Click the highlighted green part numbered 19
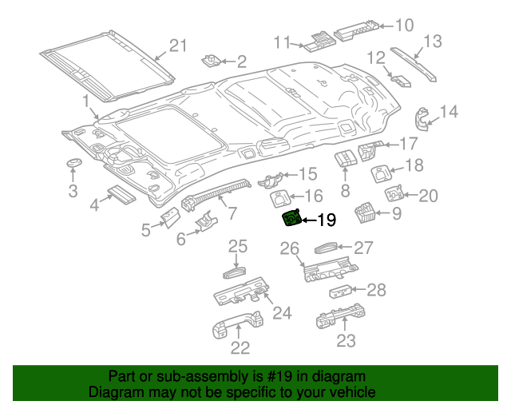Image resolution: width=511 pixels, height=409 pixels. [292, 218]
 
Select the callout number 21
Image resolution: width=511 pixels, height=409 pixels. [176, 46]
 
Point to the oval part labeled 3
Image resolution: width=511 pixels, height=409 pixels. [74, 163]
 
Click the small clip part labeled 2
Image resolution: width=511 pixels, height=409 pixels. [212, 61]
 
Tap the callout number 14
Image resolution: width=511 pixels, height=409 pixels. [449, 112]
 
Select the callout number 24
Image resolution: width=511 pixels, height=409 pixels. [282, 312]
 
